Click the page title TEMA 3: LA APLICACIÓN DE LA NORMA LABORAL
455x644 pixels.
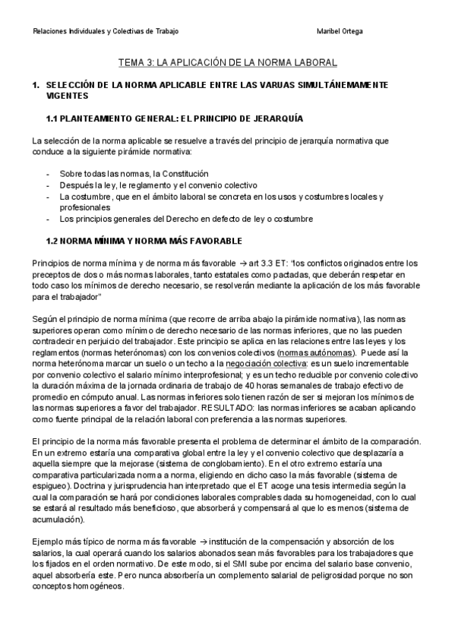[x=227, y=63]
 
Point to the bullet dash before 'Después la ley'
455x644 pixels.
[x=49, y=185]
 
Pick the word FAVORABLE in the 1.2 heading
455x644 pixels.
[x=214, y=241]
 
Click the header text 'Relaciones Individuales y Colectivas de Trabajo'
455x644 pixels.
[x=106, y=31]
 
